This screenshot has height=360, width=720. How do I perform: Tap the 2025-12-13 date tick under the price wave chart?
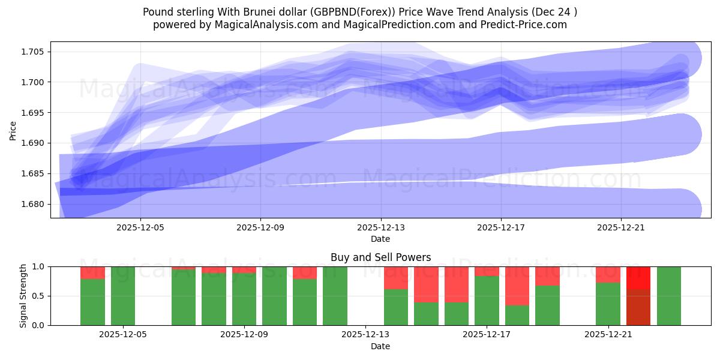pyautogui.click(x=380, y=227)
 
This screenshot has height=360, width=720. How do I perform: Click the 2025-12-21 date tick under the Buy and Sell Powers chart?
pyautogui.click(x=608, y=335)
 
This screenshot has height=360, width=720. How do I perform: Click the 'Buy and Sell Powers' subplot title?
pyautogui.click(x=380, y=257)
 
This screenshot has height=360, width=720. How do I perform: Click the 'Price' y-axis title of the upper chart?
pyautogui.click(x=13, y=130)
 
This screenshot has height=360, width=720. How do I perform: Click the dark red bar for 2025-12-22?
pyautogui.click(x=638, y=307)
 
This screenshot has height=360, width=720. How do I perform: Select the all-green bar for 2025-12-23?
pyautogui.click(x=669, y=296)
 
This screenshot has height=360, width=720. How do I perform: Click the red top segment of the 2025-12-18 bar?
pyautogui.click(x=517, y=286)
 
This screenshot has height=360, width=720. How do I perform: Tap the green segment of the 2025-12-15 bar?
pyautogui.click(x=426, y=313)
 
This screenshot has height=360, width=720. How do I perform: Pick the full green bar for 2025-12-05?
pyautogui.click(x=123, y=296)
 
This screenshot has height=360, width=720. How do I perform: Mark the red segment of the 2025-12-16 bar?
pyautogui.click(x=457, y=284)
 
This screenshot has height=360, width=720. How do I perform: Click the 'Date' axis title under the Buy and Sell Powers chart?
pyautogui.click(x=380, y=346)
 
